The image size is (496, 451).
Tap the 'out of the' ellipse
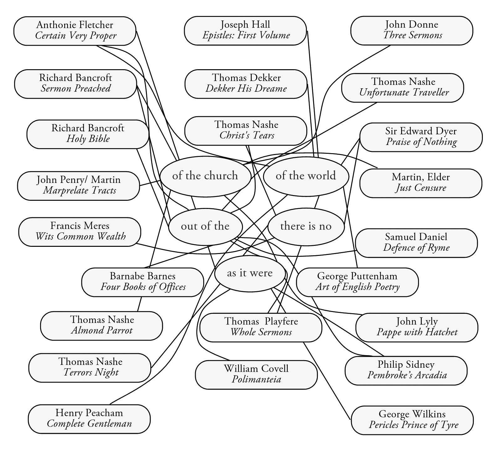205,226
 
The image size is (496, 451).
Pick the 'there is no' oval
306,226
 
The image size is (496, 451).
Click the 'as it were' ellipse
250,273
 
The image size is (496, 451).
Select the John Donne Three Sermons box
411,31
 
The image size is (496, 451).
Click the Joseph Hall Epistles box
245,31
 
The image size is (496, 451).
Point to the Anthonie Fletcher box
75,31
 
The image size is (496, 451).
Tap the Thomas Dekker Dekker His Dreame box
246,84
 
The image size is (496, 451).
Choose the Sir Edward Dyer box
421,137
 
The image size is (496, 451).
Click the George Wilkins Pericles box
412,420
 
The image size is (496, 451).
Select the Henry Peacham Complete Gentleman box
89,419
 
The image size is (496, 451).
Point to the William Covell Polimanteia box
256,375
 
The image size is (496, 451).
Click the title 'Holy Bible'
88,139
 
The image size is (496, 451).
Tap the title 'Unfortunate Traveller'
404,92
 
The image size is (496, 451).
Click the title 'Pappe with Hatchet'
417,332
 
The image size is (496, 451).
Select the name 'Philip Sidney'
406,364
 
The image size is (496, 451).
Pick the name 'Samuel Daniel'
416,237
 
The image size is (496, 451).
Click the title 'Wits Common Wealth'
80,236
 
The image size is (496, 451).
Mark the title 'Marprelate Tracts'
80,190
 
